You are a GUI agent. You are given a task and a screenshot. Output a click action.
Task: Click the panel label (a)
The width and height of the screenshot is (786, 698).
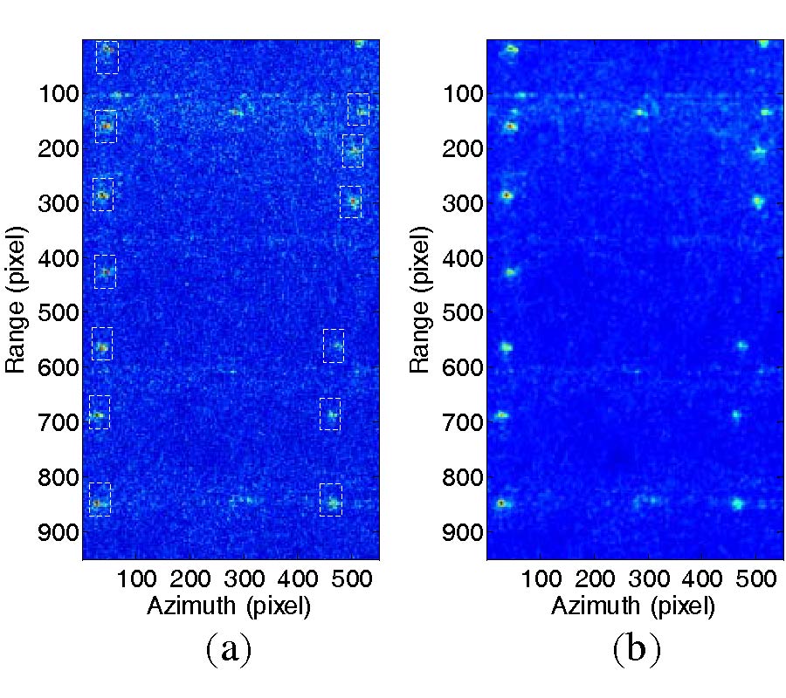[229, 649]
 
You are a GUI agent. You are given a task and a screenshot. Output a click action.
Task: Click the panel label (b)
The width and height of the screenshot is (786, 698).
[636, 649]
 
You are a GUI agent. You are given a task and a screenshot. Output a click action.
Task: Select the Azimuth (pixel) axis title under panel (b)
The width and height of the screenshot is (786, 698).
[632, 606]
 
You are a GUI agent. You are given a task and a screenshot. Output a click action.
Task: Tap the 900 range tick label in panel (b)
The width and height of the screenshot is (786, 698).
[464, 531]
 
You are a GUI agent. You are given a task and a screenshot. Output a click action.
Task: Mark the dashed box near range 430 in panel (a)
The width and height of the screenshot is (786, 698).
[105, 271]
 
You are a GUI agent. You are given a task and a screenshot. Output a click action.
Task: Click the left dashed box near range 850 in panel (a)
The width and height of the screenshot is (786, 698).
[100, 499]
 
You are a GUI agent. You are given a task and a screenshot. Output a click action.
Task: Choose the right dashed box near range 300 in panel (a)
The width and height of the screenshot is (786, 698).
[350, 202]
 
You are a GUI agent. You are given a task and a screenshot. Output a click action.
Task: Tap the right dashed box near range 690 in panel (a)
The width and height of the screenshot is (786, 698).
[330, 414]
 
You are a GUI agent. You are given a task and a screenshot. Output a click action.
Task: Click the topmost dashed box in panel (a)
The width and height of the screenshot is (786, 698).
[107, 57]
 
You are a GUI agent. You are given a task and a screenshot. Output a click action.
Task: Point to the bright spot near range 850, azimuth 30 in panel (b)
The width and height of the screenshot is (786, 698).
[501, 503]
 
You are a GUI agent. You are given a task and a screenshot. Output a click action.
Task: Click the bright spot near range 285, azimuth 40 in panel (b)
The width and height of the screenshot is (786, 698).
[507, 195]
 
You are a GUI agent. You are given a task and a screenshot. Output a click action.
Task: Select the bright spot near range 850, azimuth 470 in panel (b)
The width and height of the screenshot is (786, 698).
[737, 503]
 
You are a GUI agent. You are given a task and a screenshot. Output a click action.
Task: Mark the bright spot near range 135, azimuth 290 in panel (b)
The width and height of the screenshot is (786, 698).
[642, 112]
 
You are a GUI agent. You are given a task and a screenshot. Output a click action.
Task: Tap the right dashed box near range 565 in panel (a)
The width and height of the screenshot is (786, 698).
[334, 346]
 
